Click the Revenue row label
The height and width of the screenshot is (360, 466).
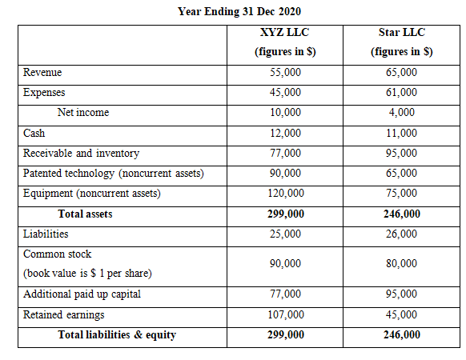click(x=42, y=73)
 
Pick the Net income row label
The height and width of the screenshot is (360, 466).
click(x=83, y=113)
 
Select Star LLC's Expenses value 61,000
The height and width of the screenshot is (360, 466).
click(x=401, y=93)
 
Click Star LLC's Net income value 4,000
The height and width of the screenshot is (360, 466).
click(x=401, y=113)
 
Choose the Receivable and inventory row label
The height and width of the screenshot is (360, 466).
click(x=81, y=153)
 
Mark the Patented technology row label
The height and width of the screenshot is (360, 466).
click(x=113, y=174)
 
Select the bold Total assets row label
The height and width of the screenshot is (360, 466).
click(x=85, y=214)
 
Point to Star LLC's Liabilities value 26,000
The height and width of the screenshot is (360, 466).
click(x=401, y=234)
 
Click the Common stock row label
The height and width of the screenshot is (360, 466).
click(x=57, y=254)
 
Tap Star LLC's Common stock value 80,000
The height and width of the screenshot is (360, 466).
click(x=401, y=263)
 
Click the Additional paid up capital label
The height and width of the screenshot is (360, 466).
click(x=82, y=294)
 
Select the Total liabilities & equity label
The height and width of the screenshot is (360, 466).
click(x=117, y=335)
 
